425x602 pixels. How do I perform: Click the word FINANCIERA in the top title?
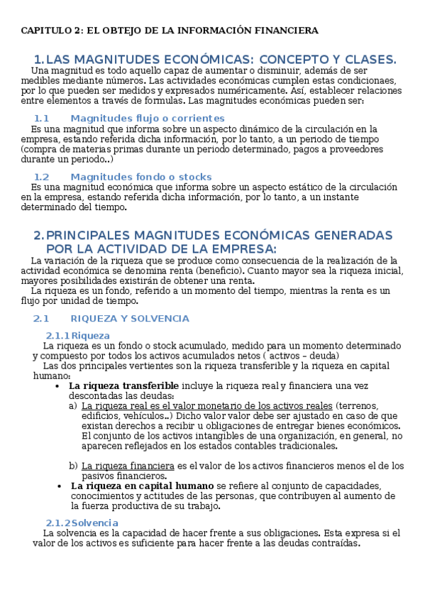click(287, 31)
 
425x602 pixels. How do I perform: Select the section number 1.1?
click(41, 118)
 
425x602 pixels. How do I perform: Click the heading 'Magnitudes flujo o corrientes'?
click(148, 118)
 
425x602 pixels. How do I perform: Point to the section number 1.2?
click(41, 176)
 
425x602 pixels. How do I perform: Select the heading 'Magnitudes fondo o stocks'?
click(141, 176)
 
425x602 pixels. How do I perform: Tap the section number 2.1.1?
click(57, 335)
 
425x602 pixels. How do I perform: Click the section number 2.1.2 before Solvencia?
click(57, 522)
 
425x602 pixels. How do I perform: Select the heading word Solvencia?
click(95, 522)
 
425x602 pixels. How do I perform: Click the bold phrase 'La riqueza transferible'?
click(123, 385)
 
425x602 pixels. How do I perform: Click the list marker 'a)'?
click(74, 405)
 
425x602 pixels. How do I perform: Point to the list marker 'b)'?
click(74, 466)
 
